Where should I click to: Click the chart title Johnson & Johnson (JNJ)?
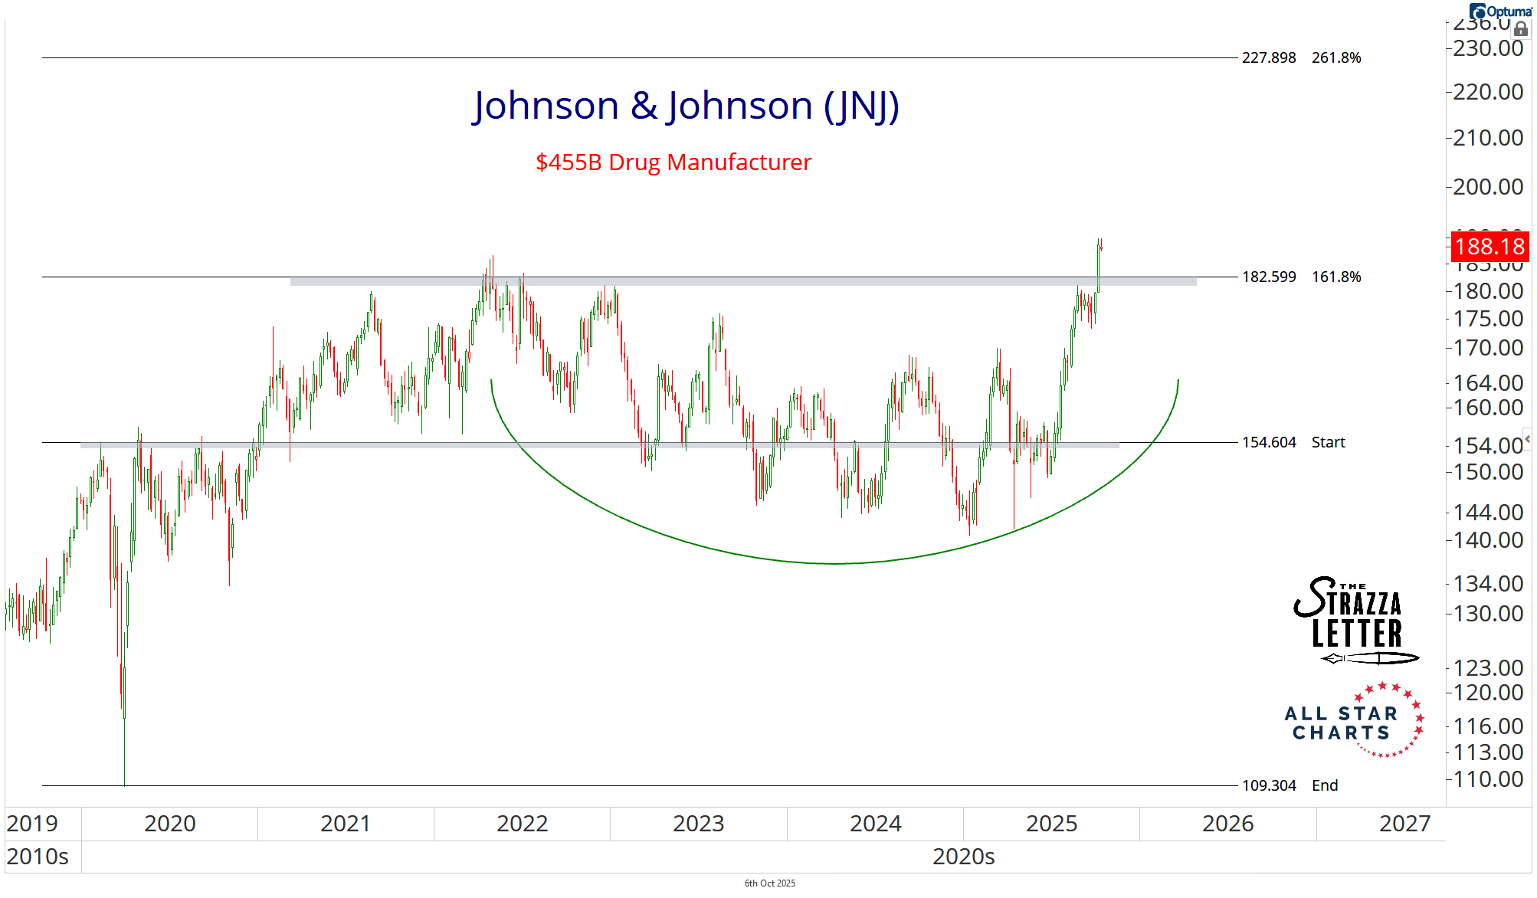point(686,106)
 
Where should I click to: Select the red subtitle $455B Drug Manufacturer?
point(673,162)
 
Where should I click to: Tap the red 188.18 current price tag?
point(1489,247)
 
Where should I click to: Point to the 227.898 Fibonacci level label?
point(1269,57)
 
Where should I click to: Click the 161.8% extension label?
point(1336,277)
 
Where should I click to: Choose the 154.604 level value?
point(1269,442)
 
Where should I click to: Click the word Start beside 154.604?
point(1328,442)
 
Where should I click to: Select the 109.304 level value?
point(1269,785)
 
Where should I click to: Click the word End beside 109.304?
point(1325,785)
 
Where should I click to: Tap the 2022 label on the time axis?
point(522,824)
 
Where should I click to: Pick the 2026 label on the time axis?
point(1227,824)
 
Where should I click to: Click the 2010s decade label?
point(38,856)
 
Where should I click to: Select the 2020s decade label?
point(963,856)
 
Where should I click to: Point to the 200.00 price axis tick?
point(1488,186)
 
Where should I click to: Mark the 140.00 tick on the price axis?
point(1488,540)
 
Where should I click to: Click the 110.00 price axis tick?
point(1488,779)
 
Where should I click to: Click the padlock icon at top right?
point(1521,29)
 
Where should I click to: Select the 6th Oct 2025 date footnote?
point(769,883)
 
